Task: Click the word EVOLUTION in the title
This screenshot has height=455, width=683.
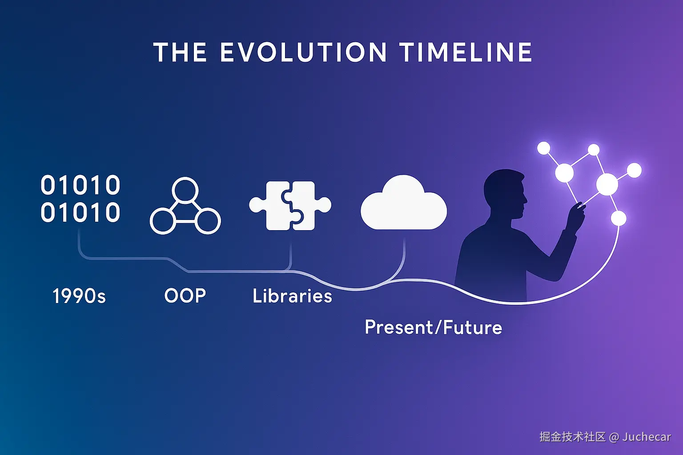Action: [303, 52]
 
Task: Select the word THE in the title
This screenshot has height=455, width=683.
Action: [180, 52]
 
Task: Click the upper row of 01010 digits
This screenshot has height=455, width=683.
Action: [80, 185]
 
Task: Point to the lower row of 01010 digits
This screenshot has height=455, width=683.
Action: [80, 212]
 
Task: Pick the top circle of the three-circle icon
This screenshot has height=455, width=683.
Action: [185, 190]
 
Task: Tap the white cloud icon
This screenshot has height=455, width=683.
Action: [404, 203]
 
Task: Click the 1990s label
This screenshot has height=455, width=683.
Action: [79, 296]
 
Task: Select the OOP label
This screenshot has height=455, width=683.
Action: [185, 295]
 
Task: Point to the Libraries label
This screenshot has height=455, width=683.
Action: [292, 295]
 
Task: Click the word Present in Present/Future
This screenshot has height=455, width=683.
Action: [399, 327]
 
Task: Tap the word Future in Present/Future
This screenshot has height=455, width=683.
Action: [472, 327]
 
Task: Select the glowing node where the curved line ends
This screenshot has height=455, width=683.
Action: [619, 219]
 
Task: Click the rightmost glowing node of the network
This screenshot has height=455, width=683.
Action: [634, 170]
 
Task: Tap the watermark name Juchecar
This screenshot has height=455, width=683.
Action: [647, 437]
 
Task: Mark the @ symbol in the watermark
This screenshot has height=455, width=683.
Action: [614, 438]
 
